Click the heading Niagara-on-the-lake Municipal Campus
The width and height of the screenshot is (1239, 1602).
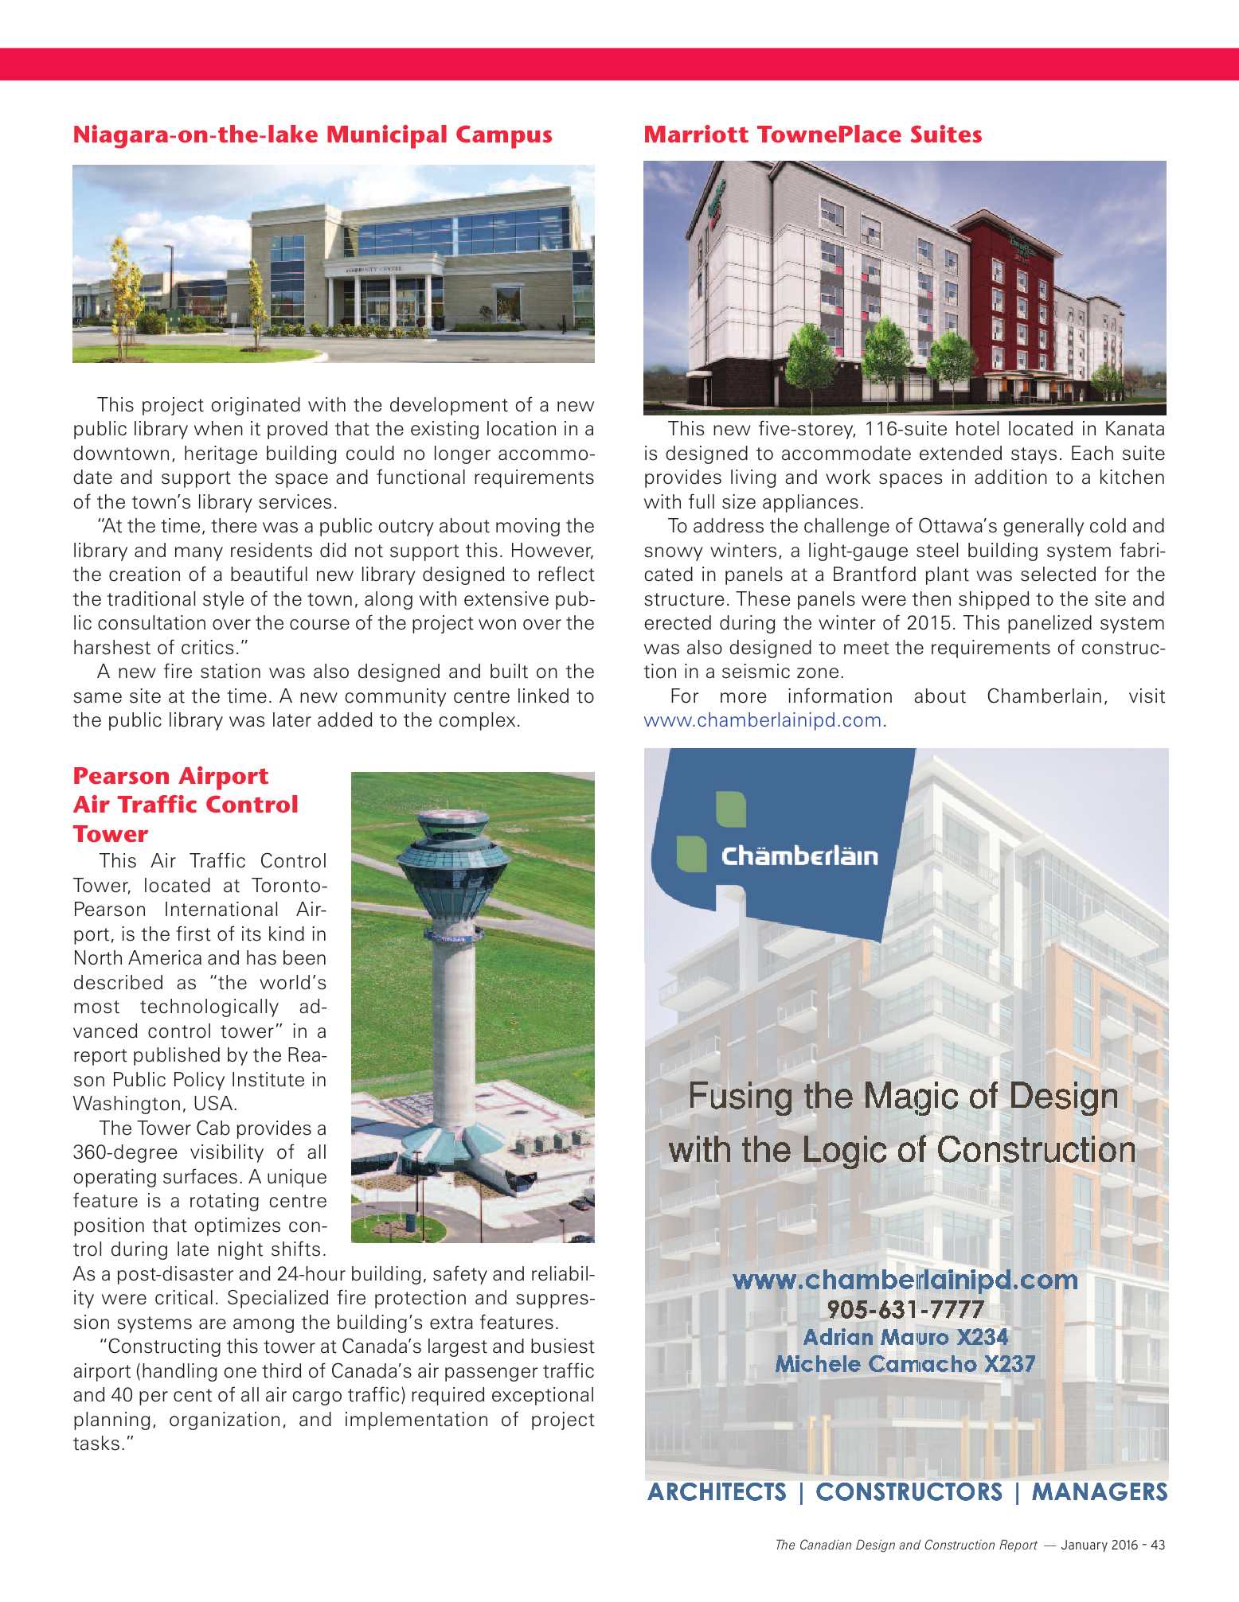coord(312,134)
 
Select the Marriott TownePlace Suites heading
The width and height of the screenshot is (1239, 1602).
coord(812,134)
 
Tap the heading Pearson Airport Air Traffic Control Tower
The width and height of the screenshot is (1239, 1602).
coord(185,805)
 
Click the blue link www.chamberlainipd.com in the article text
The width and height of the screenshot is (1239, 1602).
coord(762,720)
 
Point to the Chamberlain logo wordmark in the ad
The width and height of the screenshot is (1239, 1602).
coord(799,856)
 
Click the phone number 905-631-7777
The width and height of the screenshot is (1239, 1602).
coord(905,1309)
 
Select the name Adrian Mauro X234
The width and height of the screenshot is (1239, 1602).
coord(905,1337)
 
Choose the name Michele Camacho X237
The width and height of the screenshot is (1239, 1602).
coord(905,1364)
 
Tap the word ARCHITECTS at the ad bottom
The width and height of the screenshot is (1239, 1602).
coord(717,1491)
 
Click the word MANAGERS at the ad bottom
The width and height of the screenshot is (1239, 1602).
coord(1099,1491)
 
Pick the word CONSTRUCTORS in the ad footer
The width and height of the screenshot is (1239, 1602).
coord(909,1491)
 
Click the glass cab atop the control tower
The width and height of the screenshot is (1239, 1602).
coord(454,844)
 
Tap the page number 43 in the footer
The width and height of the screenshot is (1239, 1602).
coord(1158,1545)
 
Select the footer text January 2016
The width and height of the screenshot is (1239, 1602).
coord(1099,1545)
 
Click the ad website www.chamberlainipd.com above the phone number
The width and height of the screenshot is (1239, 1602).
coord(905,1280)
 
